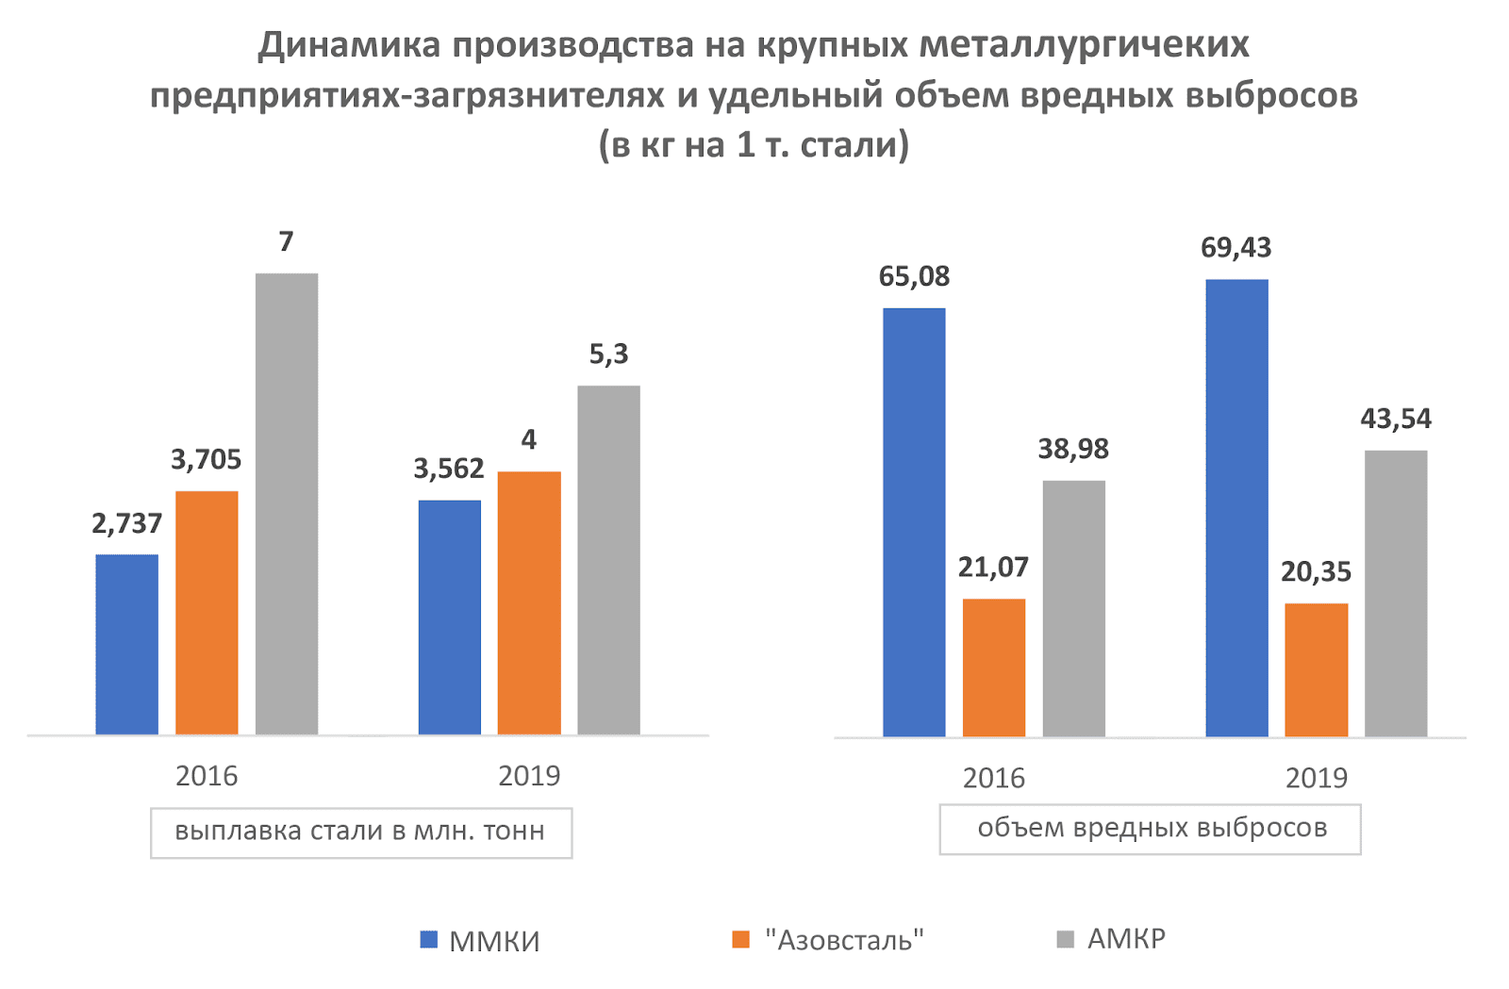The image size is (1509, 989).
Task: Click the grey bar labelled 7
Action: (x=286, y=503)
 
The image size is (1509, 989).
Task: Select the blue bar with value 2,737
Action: (x=126, y=644)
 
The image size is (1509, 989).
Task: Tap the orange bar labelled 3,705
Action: (x=207, y=612)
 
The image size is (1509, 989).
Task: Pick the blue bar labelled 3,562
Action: (x=449, y=617)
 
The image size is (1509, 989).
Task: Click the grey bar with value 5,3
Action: (x=608, y=559)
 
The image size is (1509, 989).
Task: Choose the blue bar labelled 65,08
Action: (x=914, y=521)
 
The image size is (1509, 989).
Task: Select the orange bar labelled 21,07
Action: (x=993, y=667)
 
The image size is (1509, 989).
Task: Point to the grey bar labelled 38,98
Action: (x=1073, y=608)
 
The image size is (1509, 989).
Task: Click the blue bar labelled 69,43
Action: (x=1236, y=507)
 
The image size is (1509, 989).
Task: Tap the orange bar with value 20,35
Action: (x=1316, y=669)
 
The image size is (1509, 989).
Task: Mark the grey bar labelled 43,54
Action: (x=1396, y=593)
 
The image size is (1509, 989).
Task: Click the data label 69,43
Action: (x=1235, y=248)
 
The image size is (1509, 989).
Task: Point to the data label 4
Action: (x=528, y=439)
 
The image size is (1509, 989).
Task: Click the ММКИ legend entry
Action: (x=480, y=940)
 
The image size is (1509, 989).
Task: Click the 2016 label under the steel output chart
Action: (x=207, y=776)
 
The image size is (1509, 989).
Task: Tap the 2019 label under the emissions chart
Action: (x=1316, y=778)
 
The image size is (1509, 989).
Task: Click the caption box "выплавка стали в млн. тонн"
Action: (x=360, y=832)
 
